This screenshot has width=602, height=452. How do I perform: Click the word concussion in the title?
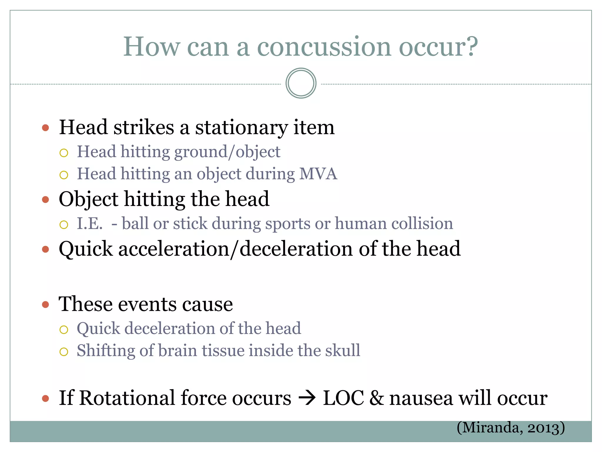tap(324, 47)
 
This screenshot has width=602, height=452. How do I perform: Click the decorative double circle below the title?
tap(301, 83)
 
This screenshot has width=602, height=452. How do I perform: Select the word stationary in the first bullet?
tap(241, 128)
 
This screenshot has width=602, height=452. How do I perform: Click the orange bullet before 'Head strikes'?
tap(45, 128)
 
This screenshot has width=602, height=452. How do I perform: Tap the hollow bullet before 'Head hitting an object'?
tap(64, 175)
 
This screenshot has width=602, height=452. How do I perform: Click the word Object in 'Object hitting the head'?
tap(88, 200)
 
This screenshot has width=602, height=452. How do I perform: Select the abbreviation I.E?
tap(90, 223)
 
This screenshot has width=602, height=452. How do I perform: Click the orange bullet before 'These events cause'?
tap(45, 304)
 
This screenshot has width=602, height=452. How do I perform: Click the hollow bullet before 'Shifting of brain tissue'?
tap(64, 352)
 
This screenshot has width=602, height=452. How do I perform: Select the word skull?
tap(342, 350)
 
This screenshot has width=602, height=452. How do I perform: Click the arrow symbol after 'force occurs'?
tap(307, 398)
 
